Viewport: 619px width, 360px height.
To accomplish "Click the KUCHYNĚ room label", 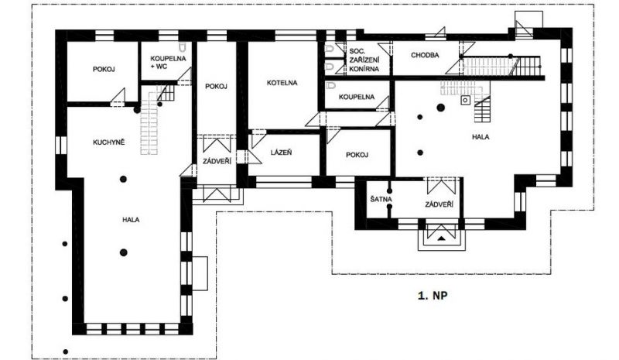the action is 108,142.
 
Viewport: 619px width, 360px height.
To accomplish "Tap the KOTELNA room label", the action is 282,83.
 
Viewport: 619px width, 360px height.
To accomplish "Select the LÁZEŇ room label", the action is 282,153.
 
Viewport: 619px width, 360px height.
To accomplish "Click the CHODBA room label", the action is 425,55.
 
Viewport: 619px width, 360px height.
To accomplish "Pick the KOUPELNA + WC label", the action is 162,63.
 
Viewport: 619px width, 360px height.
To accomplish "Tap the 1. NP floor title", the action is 433,295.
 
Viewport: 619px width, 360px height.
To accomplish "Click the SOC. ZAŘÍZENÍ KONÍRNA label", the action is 364,60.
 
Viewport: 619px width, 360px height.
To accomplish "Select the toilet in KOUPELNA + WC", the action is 182,47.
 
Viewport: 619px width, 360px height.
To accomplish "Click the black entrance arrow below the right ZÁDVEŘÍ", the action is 441,238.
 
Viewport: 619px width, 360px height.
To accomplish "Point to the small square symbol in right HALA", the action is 466,100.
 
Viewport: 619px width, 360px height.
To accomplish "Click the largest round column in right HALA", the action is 440,107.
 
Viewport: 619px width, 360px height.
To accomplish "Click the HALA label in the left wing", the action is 131,220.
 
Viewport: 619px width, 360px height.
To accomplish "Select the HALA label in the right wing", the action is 480,137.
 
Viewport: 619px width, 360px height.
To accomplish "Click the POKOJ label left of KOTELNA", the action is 216,87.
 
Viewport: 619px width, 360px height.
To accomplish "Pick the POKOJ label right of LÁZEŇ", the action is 357,155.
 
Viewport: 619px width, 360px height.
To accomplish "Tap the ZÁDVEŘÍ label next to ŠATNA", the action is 439,204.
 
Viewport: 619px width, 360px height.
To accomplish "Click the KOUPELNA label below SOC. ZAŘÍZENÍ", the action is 357,97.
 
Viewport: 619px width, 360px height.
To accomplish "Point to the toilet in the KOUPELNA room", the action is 330,85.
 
